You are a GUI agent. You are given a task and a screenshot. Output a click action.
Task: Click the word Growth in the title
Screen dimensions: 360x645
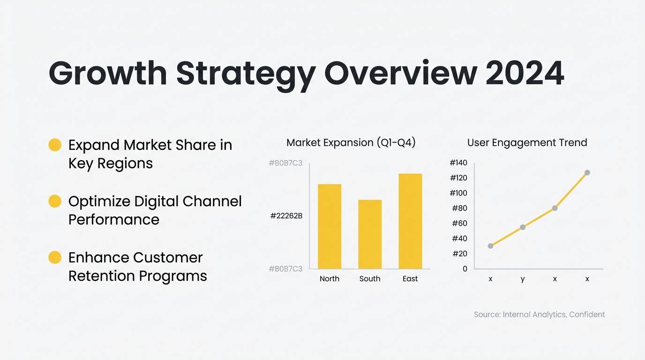tap(108, 74)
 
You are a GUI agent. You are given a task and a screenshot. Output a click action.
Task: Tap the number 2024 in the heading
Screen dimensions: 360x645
tap(525, 74)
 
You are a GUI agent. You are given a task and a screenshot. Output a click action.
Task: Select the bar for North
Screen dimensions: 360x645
tap(330, 226)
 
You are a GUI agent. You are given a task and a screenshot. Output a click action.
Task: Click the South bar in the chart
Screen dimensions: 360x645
tap(370, 234)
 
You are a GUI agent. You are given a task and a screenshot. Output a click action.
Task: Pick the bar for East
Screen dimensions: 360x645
tap(410, 221)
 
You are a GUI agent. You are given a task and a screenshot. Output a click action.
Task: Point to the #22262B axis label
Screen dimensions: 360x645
tap(286, 216)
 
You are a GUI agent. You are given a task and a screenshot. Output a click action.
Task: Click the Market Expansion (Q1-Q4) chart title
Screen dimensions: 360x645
tap(351, 142)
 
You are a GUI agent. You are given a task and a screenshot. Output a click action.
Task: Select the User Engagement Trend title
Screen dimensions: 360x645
tap(527, 142)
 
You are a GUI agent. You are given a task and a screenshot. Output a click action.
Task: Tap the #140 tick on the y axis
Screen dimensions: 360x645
tap(458, 163)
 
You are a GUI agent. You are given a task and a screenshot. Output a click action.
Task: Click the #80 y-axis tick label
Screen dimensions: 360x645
tap(459, 208)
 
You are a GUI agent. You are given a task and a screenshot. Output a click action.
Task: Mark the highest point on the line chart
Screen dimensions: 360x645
tap(587, 172)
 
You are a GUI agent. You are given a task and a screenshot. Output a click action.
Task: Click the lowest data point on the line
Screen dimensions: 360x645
tap(490, 246)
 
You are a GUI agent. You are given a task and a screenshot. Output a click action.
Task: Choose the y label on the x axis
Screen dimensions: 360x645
tap(523, 279)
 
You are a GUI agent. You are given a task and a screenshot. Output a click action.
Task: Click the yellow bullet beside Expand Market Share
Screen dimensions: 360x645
tap(55, 145)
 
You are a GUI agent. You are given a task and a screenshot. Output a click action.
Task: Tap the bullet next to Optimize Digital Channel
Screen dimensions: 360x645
tap(55, 201)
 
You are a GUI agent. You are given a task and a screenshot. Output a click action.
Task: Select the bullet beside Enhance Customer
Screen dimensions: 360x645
tap(55, 257)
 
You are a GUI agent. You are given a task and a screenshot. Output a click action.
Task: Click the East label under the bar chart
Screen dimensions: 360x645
tap(410, 279)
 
